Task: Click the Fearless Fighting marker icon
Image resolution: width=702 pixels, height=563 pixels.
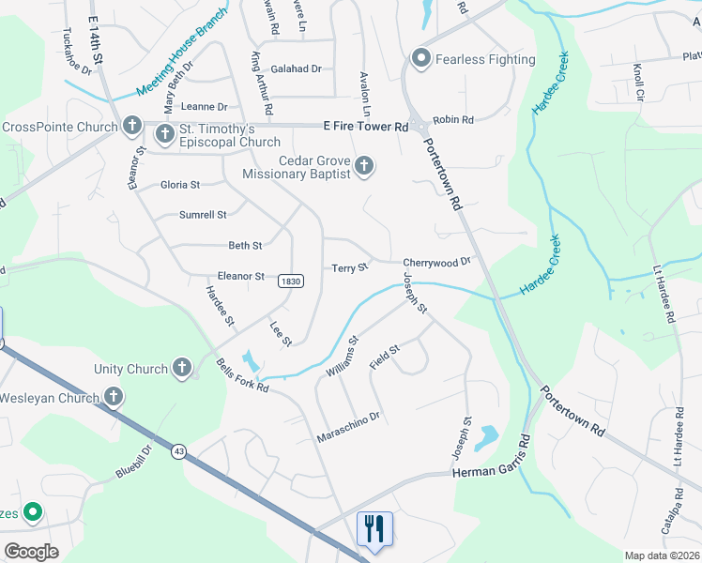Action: tap(421, 59)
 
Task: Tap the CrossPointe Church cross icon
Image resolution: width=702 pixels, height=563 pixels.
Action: tap(132, 126)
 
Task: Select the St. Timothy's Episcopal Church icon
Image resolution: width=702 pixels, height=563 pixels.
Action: tap(164, 134)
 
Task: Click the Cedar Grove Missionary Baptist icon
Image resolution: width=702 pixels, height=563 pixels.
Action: tap(365, 167)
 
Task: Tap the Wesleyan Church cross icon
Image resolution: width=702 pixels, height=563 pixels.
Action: tap(114, 397)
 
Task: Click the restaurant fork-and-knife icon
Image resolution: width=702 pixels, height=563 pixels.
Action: tap(374, 527)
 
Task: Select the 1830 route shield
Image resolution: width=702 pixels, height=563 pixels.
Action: tap(291, 281)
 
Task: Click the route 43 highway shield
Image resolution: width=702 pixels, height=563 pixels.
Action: tap(178, 452)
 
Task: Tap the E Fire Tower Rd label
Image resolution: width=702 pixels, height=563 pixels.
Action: tap(366, 126)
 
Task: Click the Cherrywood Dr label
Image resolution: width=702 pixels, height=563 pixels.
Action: tap(435, 263)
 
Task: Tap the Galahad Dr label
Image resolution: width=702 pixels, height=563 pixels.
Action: tap(296, 68)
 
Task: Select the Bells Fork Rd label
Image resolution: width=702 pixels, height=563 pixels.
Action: tap(242, 375)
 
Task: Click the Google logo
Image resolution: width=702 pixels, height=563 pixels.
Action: tap(31, 552)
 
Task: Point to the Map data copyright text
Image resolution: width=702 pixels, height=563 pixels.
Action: tap(662, 555)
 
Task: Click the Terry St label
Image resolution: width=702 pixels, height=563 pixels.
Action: tap(350, 268)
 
